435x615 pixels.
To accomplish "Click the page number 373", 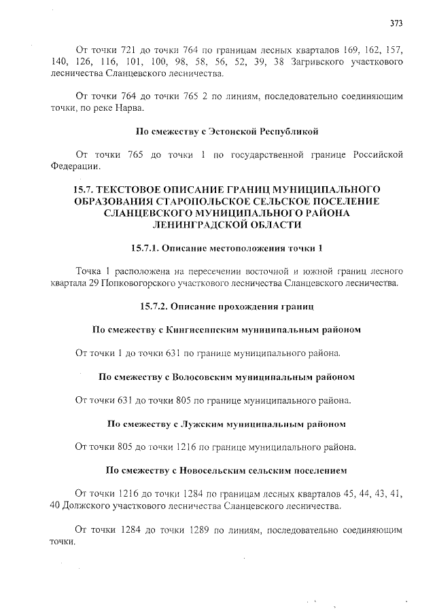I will pyautogui.click(x=396, y=22).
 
